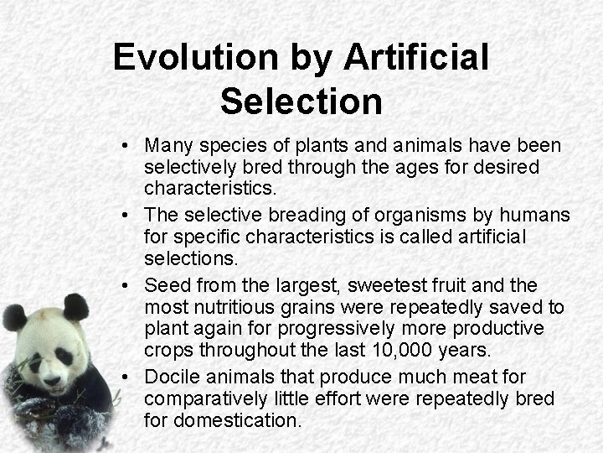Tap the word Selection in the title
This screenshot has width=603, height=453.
click(x=301, y=102)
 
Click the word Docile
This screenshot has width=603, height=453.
click(x=172, y=377)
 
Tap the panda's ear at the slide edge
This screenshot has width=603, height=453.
click(x=13, y=317)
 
